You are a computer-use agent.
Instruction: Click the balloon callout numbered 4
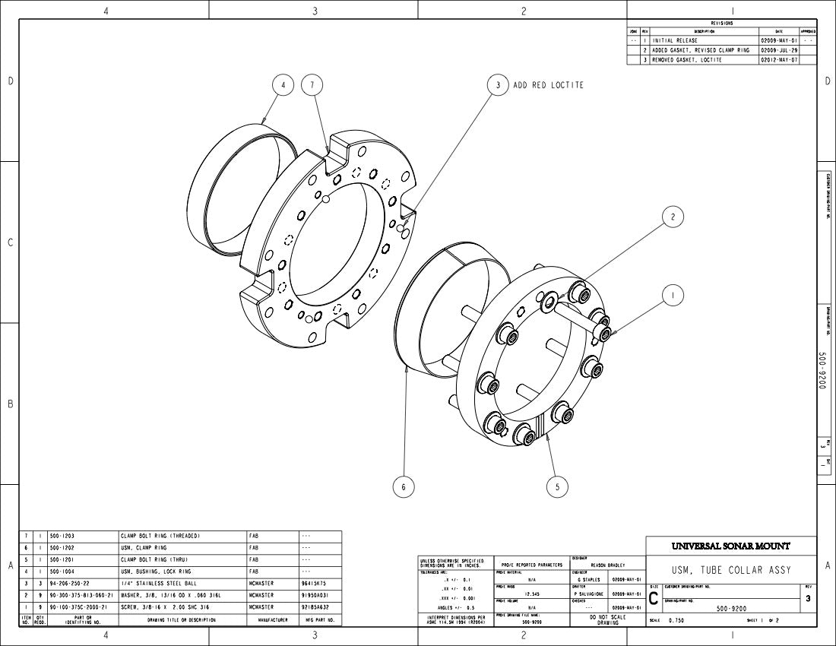pos(283,86)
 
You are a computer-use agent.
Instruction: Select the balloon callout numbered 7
pos(312,86)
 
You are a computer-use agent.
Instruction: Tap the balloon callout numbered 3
pos(498,85)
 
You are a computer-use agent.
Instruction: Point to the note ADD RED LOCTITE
pos(548,85)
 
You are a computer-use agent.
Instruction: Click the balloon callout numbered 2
pos(672,217)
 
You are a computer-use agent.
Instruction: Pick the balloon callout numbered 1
pos(672,296)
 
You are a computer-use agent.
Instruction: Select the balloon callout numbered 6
pos(404,487)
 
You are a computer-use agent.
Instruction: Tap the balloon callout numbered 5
pos(557,487)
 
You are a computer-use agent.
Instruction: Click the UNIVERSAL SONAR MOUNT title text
pos(730,546)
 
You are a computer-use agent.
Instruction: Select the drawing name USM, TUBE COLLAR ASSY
pos(730,570)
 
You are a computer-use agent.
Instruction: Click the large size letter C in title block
pos(654,599)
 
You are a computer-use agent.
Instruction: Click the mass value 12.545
pos(532,594)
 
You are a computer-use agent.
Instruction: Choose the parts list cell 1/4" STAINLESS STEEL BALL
pos(154,583)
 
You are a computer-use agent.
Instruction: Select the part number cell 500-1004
pos(62,571)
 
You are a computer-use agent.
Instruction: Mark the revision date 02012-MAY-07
pos(779,59)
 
